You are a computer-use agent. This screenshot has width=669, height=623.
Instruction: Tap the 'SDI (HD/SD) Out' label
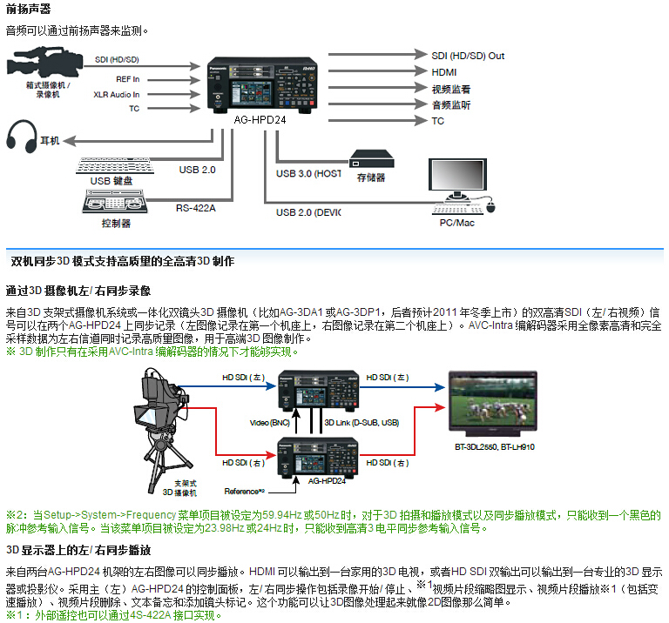coord(468,56)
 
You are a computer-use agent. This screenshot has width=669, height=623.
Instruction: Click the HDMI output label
coord(444,72)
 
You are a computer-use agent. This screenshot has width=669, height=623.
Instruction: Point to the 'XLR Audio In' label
coord(116,94)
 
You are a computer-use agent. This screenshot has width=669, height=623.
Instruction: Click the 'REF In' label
coord(127,77)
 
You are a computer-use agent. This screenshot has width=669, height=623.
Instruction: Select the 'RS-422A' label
coord(195,207)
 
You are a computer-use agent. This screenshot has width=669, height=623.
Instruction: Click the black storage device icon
coord(371,158)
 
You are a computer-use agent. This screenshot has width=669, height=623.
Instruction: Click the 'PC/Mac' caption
coord(457,224)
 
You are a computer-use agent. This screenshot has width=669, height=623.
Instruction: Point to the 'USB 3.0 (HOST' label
coord(308,174)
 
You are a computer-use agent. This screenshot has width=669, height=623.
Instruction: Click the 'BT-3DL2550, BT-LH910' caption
coord(493,447)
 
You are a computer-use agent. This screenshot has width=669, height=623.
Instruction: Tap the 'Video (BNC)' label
coord(270,422)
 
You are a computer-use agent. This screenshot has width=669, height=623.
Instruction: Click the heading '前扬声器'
coord(28,10)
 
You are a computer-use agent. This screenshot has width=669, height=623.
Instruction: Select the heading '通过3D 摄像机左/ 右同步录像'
coord(78,290)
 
